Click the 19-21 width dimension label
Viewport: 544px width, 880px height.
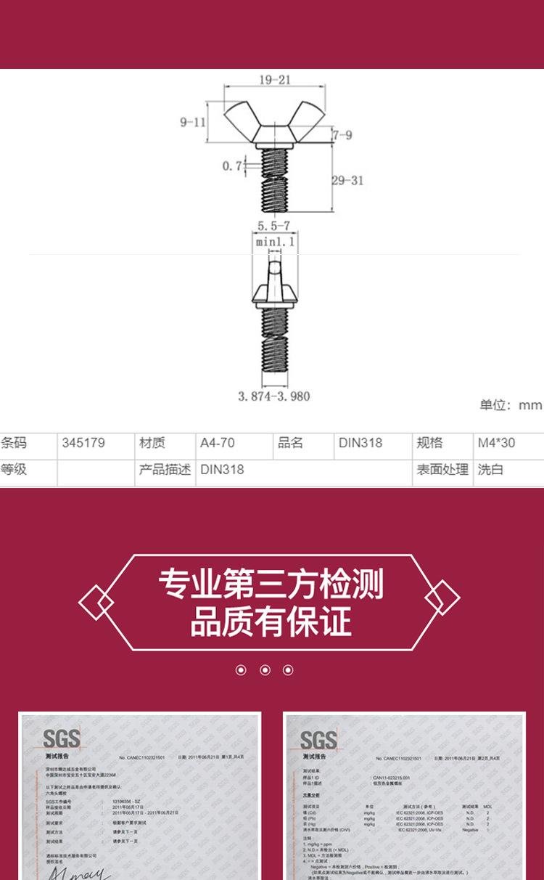[x=274, y=80]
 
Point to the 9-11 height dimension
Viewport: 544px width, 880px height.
[x=193, y=122]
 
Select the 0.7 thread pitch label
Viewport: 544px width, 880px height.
[x=232, y=166]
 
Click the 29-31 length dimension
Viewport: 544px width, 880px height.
[x=347, y=180]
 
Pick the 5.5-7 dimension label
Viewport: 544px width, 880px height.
[x=273, y=226]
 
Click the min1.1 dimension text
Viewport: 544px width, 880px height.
[x=275, y=242]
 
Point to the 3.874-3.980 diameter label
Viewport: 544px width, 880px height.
[x=273, y=396]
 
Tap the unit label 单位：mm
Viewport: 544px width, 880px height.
[x=510, y=405]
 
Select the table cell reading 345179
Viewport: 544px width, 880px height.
[x=83, y=443]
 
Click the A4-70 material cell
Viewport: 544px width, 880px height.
[x=218, y=443]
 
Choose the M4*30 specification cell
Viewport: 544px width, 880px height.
[x=496, y=443]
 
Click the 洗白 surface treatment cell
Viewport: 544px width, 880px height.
[x=490, y=470]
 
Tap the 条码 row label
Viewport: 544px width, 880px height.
[x=14, y=443]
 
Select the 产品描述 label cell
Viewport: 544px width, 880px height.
[x=165, y=470]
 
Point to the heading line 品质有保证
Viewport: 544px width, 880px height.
[x=271, y=622]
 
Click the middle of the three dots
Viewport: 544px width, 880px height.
[x=265, y=669]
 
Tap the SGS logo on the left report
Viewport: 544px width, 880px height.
[x=62, y=739]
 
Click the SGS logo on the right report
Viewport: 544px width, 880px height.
[x=318, y=740]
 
